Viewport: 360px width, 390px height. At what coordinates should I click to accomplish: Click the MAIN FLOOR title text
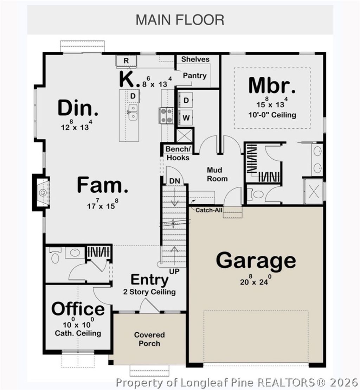click(x=180, y=20)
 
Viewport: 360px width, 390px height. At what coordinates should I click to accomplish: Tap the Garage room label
click(x=256, y=261)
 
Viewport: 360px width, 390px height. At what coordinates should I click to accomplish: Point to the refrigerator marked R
click(x=126, y=61)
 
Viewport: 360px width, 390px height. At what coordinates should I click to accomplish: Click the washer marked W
click(x=186, y=117)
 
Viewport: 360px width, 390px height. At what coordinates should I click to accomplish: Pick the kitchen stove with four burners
click(x=167, y=116)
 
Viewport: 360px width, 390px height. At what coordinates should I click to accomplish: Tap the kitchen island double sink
click(x=133, y=112)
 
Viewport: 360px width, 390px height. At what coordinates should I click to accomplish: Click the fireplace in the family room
click(x=42, y=192)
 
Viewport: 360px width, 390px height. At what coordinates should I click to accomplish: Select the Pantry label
click(x=194, y=76)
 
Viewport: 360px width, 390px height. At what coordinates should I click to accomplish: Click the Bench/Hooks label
click(x=178, y=153)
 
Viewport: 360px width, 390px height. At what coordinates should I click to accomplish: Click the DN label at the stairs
click(x=175, y=180)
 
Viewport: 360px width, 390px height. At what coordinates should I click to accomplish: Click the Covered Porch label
click(x=149, y=339)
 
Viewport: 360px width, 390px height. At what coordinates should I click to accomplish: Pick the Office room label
click(x=78, y=309)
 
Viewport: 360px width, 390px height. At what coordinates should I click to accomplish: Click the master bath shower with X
click(x=313, y=191)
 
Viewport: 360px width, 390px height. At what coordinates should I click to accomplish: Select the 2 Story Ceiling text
click(x=149, y=292)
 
